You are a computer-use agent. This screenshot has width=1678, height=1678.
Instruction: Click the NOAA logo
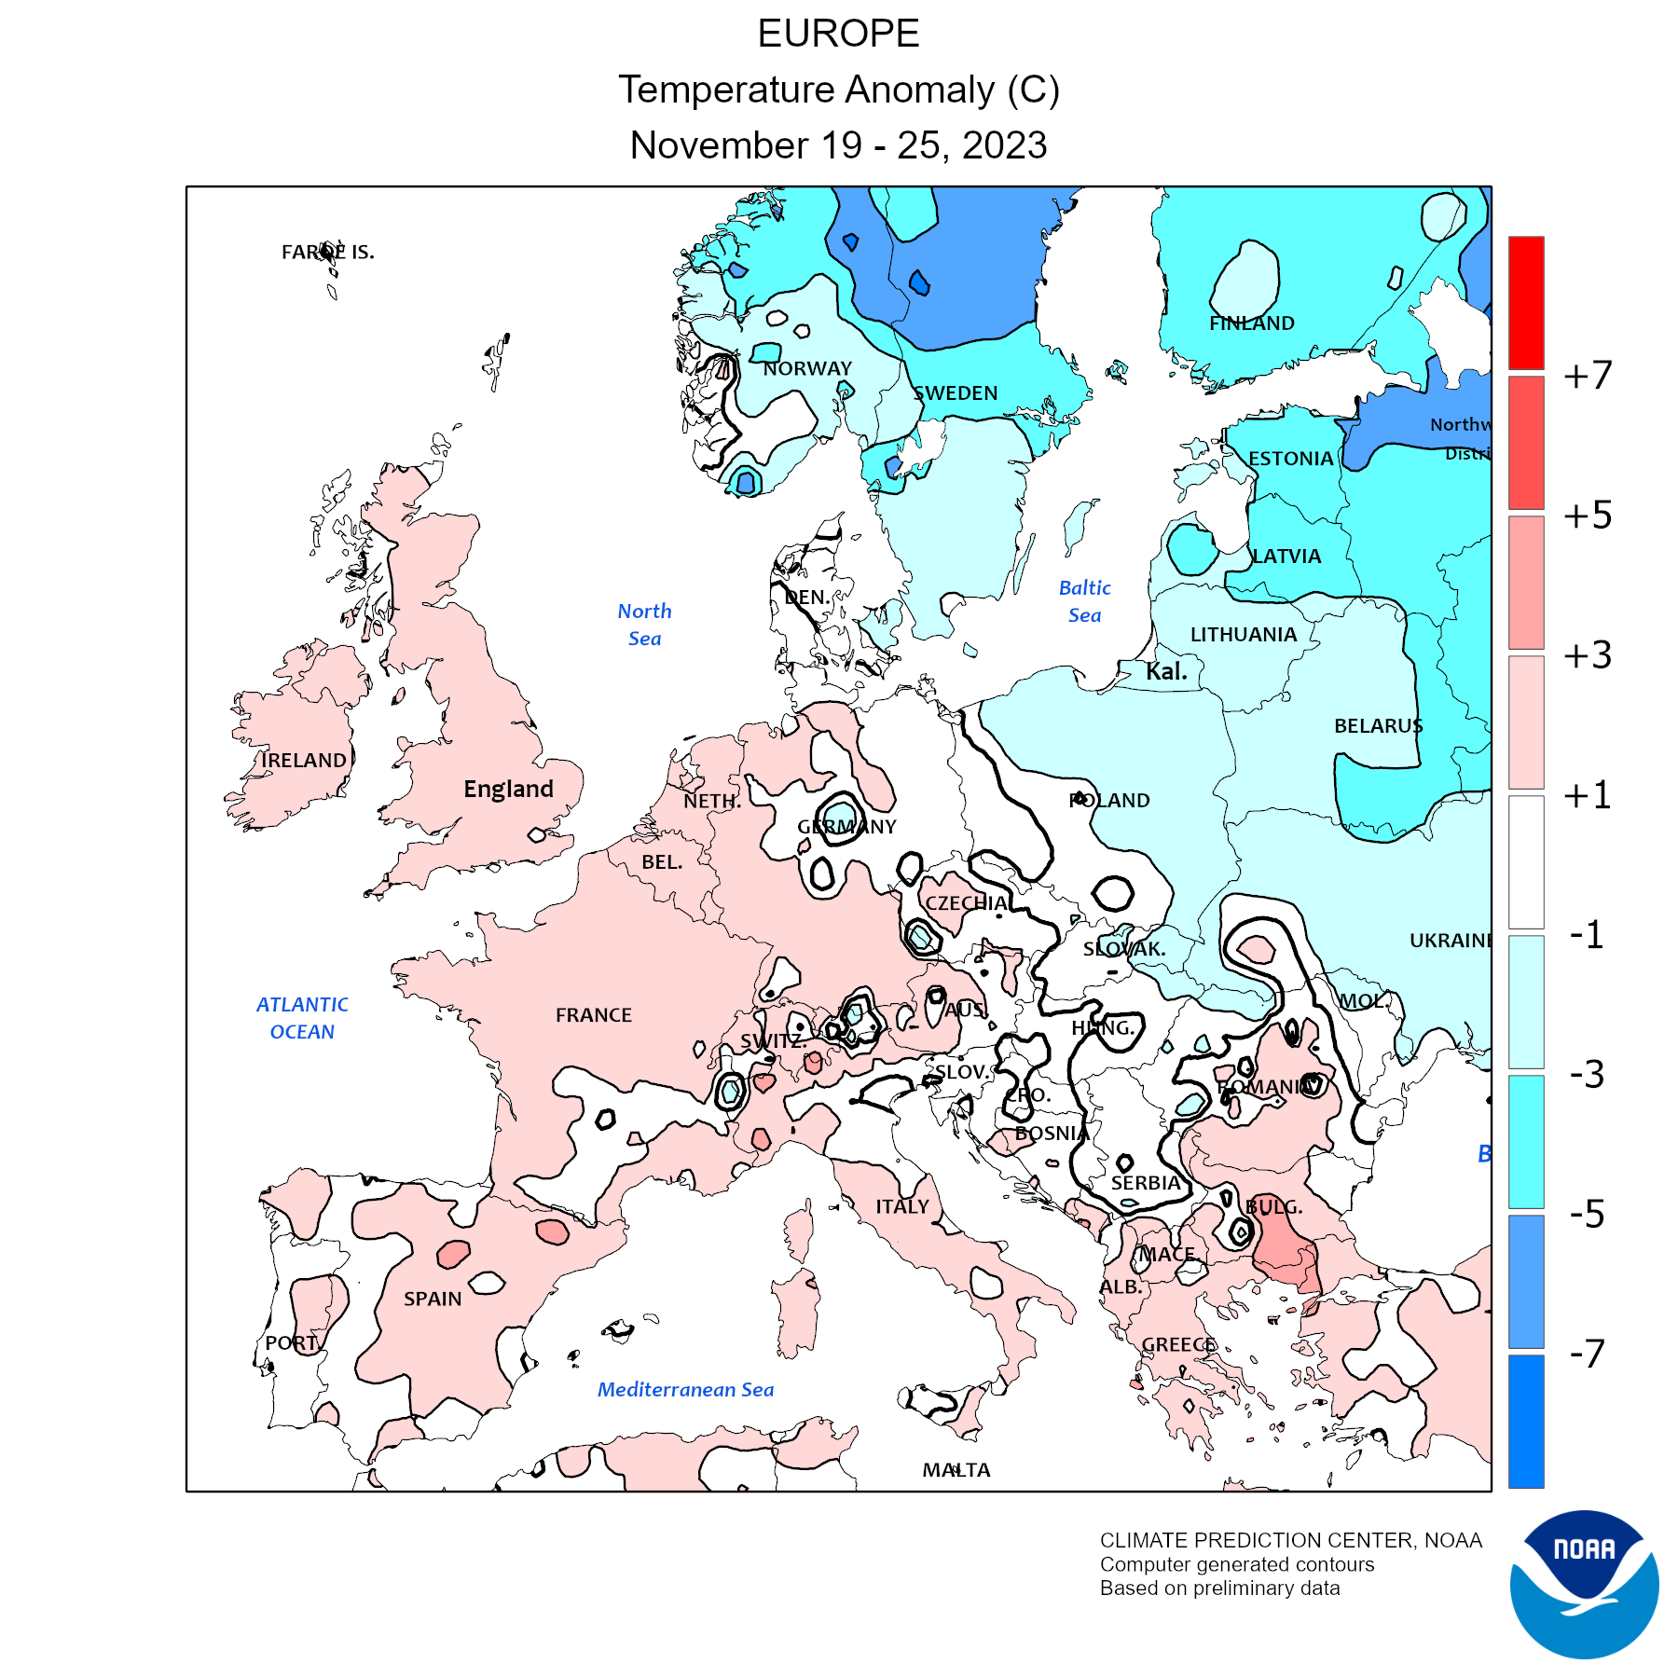(x=1584, y=1584)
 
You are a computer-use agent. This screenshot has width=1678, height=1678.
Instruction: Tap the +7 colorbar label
(x=1588, y=375)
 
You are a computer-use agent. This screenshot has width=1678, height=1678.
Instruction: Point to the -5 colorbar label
(x=1587, y=1214)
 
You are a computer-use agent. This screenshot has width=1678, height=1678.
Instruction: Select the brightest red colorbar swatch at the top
(x=1526, y=303)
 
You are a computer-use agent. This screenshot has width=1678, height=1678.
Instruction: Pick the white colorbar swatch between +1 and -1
(x=1526, y=862)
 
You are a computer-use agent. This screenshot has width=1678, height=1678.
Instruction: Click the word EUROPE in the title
(x=838, y=34)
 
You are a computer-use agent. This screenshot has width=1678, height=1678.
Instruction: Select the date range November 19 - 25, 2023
(x=838, y=145)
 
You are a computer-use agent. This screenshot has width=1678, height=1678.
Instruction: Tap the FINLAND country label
(x=1251, y=323)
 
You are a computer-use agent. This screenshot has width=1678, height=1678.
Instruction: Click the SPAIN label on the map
(x=433, y=1299)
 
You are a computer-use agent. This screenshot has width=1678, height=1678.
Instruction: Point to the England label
(x=508, y=790)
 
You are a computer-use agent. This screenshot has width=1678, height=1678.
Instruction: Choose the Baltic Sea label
(x=1084, y=601)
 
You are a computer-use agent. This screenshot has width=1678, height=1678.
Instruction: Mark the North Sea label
(x=644, y=625)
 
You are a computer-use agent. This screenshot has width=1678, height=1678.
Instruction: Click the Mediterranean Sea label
(x=685, y=1390)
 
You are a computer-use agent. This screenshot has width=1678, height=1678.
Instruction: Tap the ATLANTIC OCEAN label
(x=302, y=1018)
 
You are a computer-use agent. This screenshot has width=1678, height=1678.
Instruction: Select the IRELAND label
(x=304, y=761)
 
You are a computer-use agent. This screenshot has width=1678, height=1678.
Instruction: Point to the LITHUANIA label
(x=1244, y=635)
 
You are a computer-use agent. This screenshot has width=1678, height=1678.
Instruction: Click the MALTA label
(x=956, y=1470)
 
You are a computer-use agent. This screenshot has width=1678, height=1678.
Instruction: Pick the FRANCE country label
(x=594, y=1015)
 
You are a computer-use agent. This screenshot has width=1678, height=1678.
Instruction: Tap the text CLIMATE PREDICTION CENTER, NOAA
(x=1290, y=1541)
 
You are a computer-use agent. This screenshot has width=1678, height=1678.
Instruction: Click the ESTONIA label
(x=1290, y=459)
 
